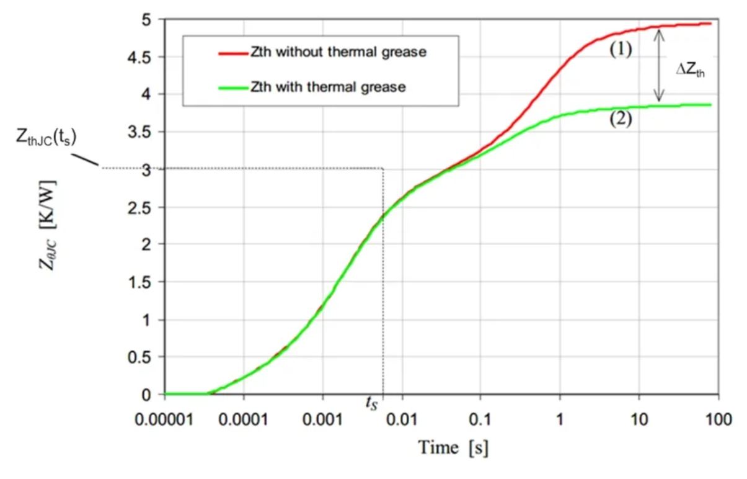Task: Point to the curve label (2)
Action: (619, 120)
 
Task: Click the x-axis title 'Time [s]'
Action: (452, 447)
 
